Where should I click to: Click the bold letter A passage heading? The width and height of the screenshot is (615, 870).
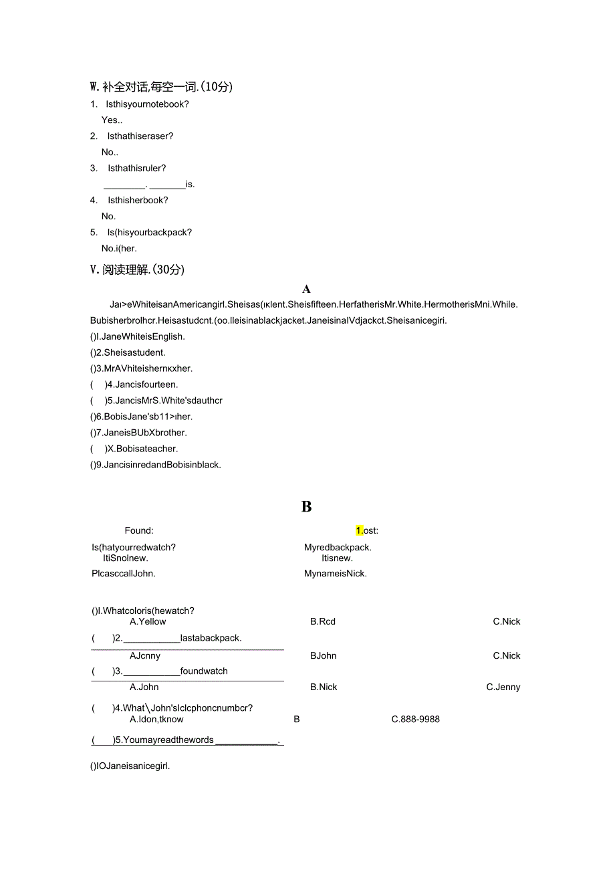306,289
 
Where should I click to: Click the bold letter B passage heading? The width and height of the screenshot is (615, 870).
306,507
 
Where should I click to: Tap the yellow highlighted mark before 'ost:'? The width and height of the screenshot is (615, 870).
359,530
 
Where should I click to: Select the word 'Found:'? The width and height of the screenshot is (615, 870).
139,530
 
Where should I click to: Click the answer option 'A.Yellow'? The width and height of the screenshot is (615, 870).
148,621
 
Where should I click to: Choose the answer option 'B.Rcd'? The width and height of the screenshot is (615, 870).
323,621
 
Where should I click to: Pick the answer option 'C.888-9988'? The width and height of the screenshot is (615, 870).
416,720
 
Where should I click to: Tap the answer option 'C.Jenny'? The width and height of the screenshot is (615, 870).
503,687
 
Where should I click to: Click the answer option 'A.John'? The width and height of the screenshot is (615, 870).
144,687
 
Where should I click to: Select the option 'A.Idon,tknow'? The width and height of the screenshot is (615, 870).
156,720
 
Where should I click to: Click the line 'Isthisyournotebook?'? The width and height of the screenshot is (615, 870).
147,104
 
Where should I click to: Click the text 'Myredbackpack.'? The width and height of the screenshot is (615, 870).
338,547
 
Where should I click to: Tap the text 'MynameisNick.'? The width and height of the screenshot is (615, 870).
336,573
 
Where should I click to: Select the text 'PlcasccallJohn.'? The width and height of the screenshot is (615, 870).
124,573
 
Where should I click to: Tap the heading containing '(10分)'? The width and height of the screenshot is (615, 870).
161,86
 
